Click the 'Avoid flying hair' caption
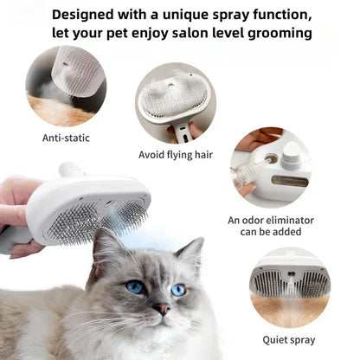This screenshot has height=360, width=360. point(176,155)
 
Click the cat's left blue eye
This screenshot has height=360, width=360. point(136,286)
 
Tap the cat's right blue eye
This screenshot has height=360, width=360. point(177,290)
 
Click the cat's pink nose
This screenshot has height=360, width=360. point(161,308)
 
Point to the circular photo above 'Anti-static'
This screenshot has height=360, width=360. point(66,85)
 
